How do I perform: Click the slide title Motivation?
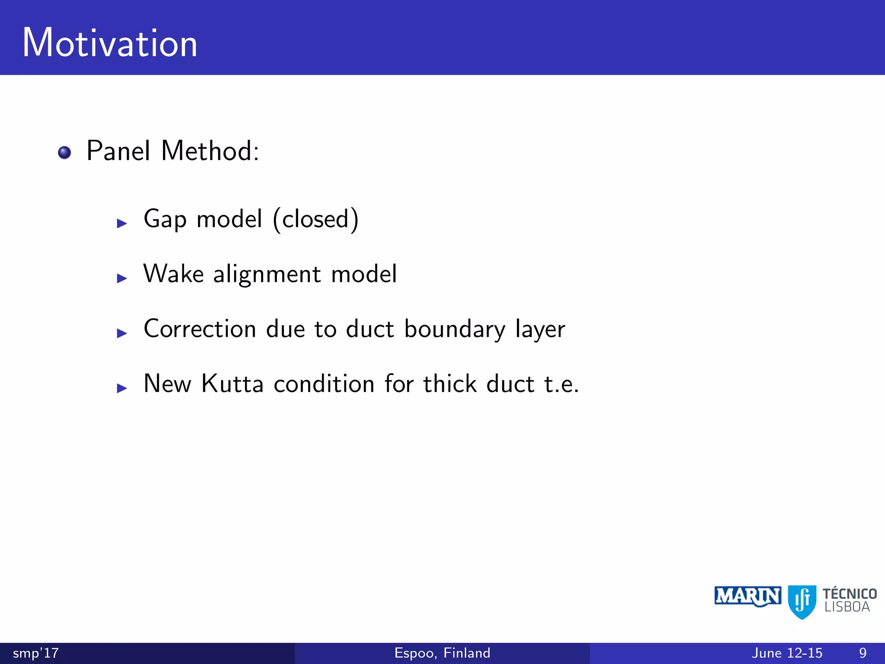point(110,43)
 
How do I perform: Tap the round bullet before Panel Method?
point(64,153)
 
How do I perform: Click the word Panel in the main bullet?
point(118,151)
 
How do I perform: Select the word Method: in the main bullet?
point(210,151)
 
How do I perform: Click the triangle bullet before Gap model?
point(122,223)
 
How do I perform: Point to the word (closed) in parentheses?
point(316,219)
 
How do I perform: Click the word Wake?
point(173,274)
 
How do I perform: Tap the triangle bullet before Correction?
point(122,333)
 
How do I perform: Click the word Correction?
point(200,329)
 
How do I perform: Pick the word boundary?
point(455,329)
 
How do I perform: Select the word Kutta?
point(232,384)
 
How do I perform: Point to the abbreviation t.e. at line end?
point(561,384)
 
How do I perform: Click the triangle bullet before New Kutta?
point(122,388)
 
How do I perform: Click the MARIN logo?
point(748,597)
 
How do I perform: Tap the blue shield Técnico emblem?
point(802,601)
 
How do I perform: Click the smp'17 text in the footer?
point(35,653)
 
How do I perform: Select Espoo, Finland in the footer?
point(442,653)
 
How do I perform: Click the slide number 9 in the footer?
point(863,653)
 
